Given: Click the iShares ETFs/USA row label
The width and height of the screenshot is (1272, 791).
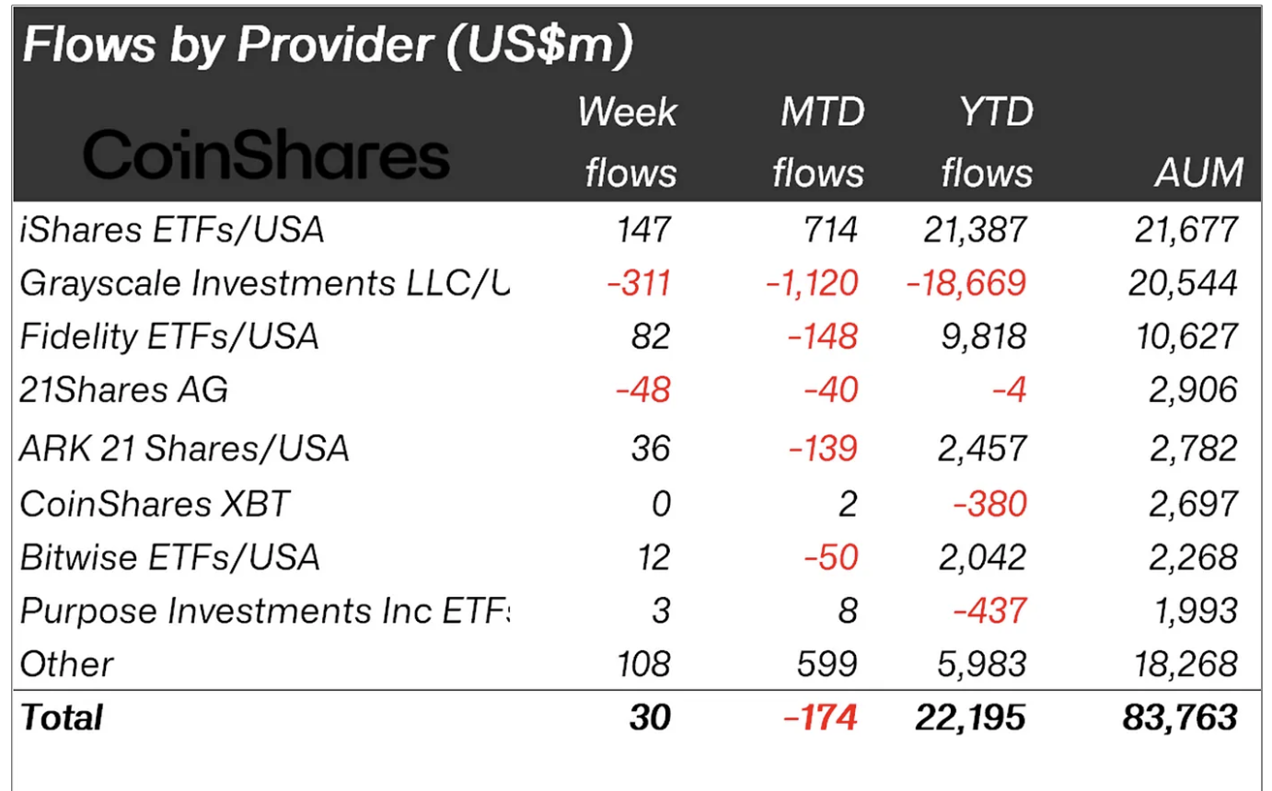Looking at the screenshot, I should (172, 230).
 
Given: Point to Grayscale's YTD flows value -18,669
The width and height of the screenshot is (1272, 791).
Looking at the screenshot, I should (966, 283).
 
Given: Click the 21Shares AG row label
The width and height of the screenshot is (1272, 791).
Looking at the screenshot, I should (123, 390).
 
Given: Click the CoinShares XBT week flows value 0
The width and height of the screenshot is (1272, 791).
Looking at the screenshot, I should (661, 503).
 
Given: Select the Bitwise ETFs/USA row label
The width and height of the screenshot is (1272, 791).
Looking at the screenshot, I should (169, 556).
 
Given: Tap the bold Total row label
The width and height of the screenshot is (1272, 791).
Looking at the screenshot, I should (63, 717).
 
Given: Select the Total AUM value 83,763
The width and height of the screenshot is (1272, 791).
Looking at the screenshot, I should (1180, 717).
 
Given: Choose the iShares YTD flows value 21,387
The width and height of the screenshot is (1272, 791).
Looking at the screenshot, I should (974, 230).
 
